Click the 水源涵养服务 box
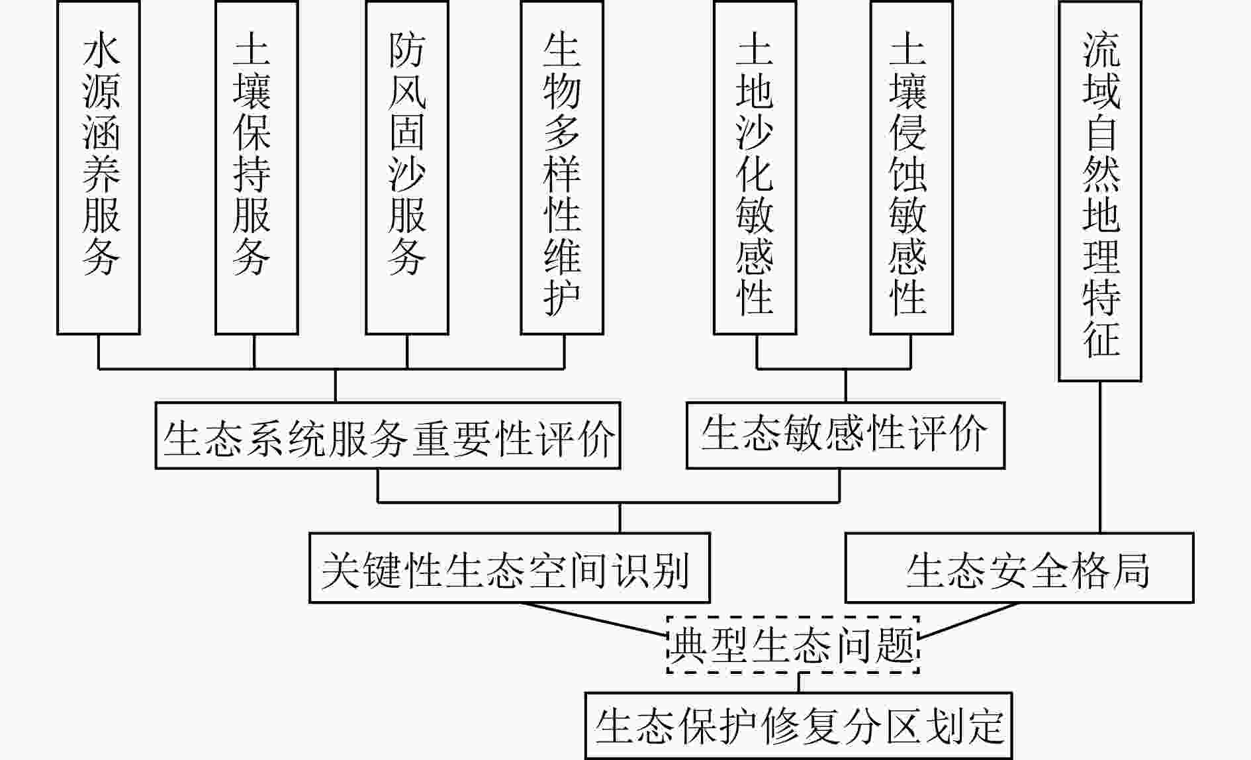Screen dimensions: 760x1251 pos(99,167)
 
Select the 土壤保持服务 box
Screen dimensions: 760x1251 pos(256,167)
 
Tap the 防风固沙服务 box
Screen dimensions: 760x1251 pos(406,167)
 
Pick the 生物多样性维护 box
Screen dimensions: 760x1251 pos(562,167)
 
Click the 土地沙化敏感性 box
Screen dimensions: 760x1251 pos(755,167)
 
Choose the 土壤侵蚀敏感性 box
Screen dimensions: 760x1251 pos(911,167)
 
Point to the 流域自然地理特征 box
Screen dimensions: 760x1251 pos(1100,191)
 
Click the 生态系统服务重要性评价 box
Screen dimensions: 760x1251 pos(388,436)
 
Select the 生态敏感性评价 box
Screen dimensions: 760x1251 pos(845,435)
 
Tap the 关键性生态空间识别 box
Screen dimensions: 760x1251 pos(509,568)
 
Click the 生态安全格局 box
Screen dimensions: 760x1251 pos(1019,568)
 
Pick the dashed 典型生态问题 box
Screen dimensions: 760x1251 pos(792,645)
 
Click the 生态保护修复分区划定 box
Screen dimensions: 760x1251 pos(799,726)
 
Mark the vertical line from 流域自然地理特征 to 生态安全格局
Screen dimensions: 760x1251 pos(1100,457)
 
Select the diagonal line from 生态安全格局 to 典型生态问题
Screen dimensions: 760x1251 pos(968,621)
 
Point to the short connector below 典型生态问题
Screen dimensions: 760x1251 pos(799,683)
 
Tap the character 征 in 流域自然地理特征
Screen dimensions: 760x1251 pos(1101,338)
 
